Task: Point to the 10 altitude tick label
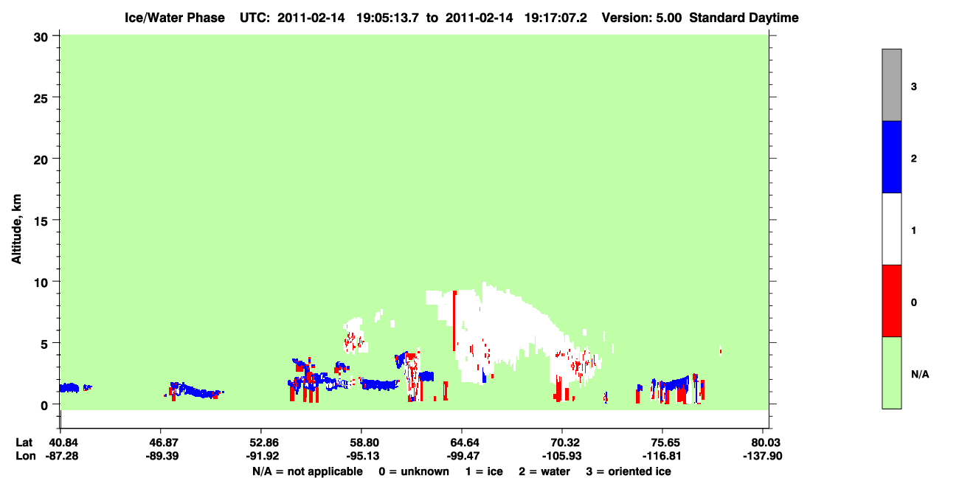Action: pos(41,283)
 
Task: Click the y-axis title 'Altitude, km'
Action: pos(16,229)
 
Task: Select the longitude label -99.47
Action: pos(462,456)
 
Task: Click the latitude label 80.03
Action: pos(763,443)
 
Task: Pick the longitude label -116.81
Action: pos(662,456)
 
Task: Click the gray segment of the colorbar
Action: pos(891,85)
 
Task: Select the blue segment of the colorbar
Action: pos(891,156)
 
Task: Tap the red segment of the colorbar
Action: pos(891,301)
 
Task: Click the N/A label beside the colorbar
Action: pos(920,375)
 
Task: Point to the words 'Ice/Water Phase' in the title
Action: pos(175,18)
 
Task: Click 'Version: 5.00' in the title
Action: pos(641,18)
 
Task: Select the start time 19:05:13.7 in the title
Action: pos(387,18)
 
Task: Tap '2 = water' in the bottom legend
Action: pos(544,471)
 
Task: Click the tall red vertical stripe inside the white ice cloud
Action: pos(454,321)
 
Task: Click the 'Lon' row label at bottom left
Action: pos(26,456)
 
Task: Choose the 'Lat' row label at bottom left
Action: pos(24,443)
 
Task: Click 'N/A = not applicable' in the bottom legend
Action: pos(308,471)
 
